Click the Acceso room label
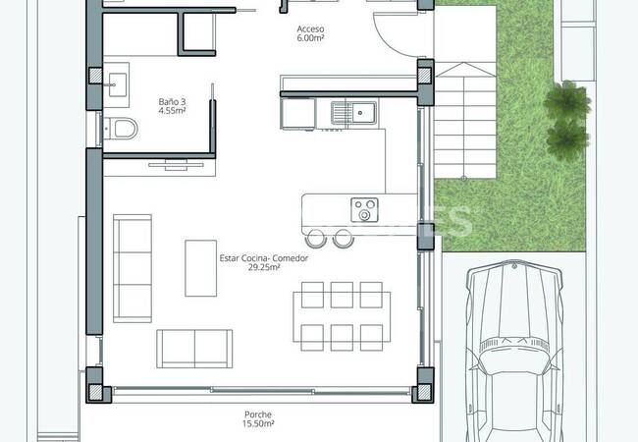[x=310, y=29]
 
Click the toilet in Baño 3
[x=122, y=129]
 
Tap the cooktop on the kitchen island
[x=365, y=209]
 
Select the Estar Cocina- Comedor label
[x=263, y=258]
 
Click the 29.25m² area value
[x=263, y=268]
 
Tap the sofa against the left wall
[x=132, y=267]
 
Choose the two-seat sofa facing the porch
[x=194, y=347]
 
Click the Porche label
[x=259, y=415]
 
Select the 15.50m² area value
[x=259, y=425]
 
